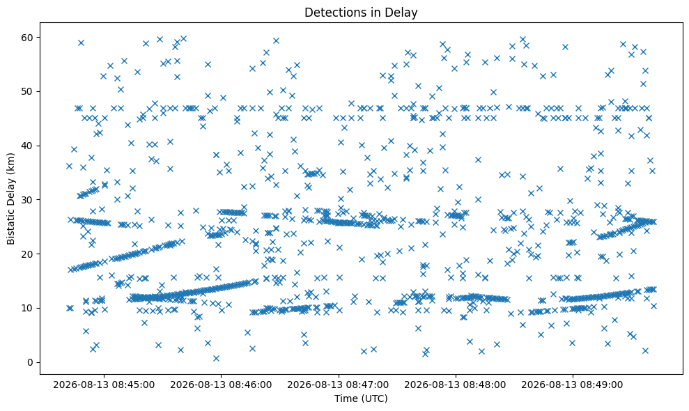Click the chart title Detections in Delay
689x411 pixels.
(361, 13)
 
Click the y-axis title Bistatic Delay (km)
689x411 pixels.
(10, 199)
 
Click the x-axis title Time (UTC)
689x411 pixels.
(361, 398)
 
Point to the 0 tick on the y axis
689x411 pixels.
(31, 363)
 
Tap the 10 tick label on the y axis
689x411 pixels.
(28, 308)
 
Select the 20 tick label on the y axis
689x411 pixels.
(28, 254)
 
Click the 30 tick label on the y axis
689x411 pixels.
(28, 200)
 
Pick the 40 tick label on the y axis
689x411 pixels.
(28, 146)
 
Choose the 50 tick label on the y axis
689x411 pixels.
(28, 92)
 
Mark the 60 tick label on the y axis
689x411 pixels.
(28, 38)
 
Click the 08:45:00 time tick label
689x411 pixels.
(104, 385)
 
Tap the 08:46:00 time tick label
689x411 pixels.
(221, 385)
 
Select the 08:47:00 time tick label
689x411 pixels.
(338, 385)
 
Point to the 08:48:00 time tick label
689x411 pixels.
(455, 385)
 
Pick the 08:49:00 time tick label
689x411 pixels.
(573, 385)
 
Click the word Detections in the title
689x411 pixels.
(333, 13)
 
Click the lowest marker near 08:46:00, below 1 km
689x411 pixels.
(216, 358)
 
